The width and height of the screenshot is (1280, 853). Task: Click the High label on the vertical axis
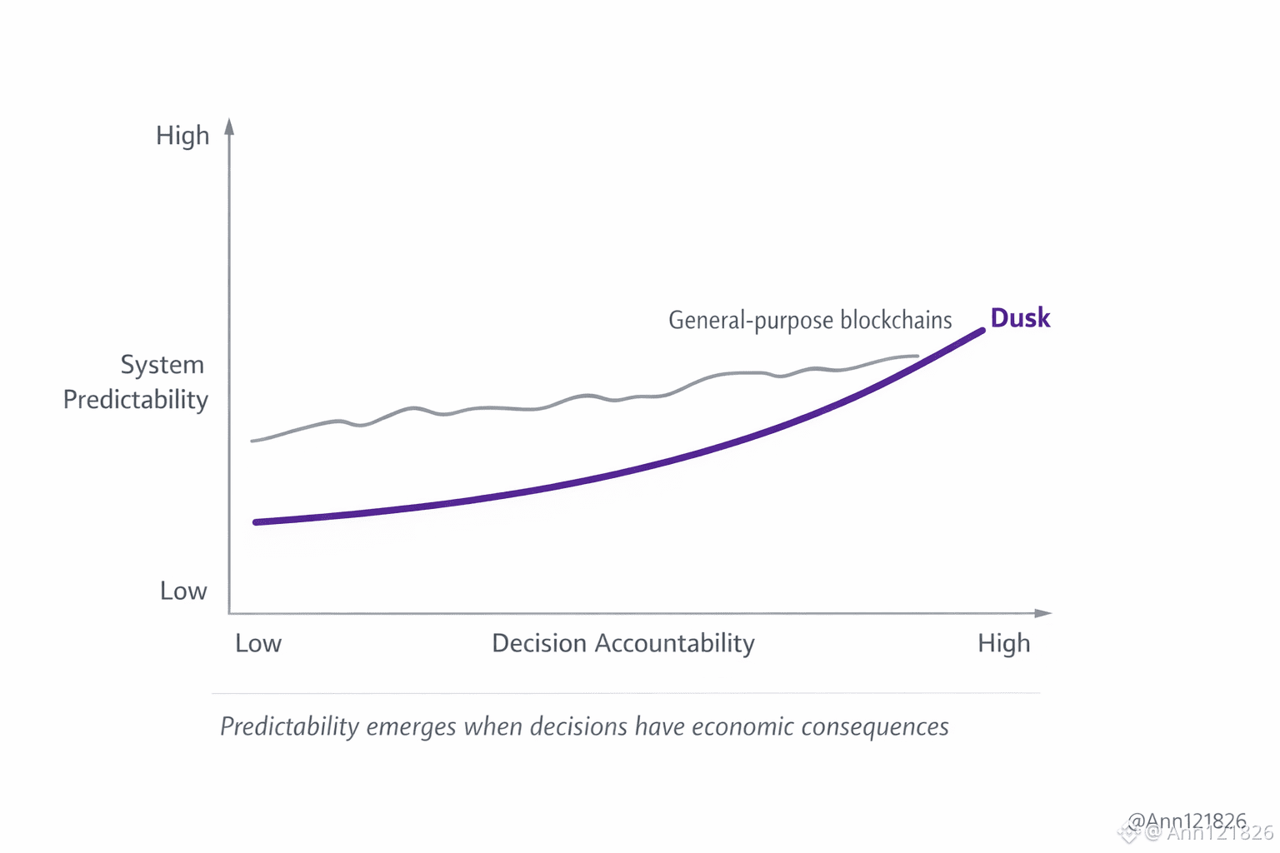coord(182,136)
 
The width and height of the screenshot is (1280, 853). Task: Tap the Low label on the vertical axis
coord(183,591)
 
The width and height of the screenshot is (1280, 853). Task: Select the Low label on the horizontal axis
coord(258,644)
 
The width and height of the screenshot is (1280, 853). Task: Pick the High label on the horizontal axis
coord(1004,644)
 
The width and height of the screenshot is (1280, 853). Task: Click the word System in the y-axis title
coord(162,365)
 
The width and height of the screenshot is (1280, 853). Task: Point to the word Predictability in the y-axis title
coord(136,400)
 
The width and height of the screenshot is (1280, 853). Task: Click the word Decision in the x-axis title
coord(539,644)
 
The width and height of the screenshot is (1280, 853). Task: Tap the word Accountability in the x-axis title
coord(675,644)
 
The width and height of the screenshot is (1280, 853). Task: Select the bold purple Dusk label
coord(1020,318)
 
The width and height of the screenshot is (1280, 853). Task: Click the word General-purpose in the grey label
coord(751,321)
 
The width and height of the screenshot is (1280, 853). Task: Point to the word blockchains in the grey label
coord(896,321)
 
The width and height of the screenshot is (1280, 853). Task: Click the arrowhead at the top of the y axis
coord(230,126)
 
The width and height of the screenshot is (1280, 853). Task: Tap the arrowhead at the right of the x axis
coord(1043,613)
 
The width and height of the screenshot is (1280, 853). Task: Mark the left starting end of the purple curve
coord(257,522)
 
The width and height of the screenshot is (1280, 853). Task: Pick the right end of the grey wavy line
coord(917,357)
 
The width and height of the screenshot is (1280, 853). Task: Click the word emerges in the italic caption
coord(411,727)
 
